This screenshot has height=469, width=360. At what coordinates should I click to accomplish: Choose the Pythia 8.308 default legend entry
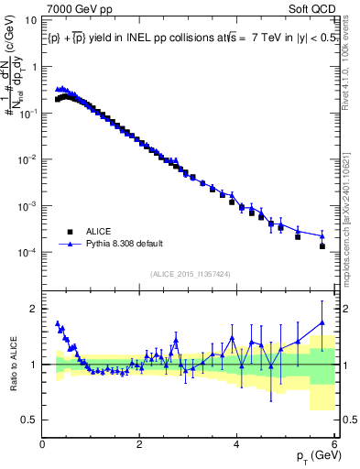coord(128,245)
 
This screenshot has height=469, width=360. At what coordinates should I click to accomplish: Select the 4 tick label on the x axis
coord(237,445)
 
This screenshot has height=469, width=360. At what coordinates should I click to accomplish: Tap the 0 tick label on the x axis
coord(43,445)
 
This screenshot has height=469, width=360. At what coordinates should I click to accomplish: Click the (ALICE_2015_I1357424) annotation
coord(190,274)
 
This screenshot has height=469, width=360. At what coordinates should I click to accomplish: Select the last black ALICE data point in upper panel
coord(322,245)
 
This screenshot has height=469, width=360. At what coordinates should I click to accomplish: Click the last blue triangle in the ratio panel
coord(322,322)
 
